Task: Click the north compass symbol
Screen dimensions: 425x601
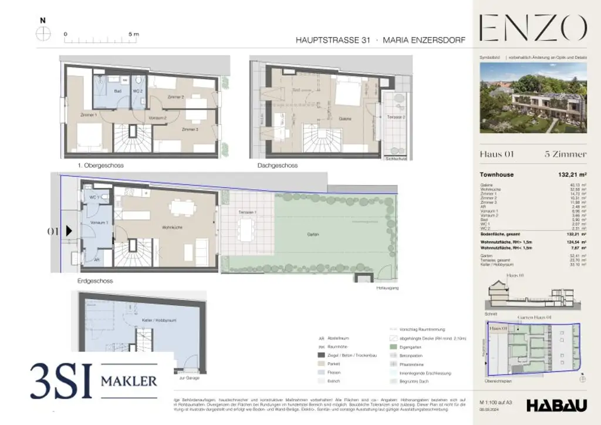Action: point(43,34)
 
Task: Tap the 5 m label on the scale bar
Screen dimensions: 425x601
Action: point(133,34)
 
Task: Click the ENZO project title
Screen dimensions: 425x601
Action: point(533,29)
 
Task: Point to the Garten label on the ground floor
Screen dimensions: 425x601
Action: point(312,234)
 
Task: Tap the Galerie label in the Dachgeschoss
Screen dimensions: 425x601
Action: point(345,118)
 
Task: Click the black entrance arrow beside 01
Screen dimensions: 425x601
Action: point(69,231)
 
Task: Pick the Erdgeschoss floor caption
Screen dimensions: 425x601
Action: point(94,281)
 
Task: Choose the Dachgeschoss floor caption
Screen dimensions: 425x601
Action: point(277,166)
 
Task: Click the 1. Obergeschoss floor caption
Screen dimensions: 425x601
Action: point(100,166)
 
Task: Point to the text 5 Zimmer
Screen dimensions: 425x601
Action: point(566,154)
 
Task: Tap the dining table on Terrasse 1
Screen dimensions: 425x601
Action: point(247,226)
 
